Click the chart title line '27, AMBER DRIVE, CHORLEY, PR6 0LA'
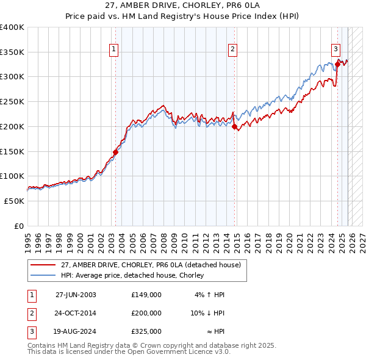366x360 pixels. click(183, 6)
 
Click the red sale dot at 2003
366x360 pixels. click(115, 152)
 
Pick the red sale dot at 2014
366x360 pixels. click(234, 127)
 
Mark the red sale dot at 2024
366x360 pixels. click(337, 64)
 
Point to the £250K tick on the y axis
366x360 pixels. click(12, 102)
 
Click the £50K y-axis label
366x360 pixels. click(15, 201)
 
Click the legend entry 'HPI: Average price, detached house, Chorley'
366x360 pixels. click(135, 275)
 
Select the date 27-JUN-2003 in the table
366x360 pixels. click(76, 294)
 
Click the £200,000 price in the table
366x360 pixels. click(146, 313)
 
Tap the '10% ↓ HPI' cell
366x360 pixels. click(207, 313)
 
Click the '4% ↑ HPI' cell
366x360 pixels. click(210, 294)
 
